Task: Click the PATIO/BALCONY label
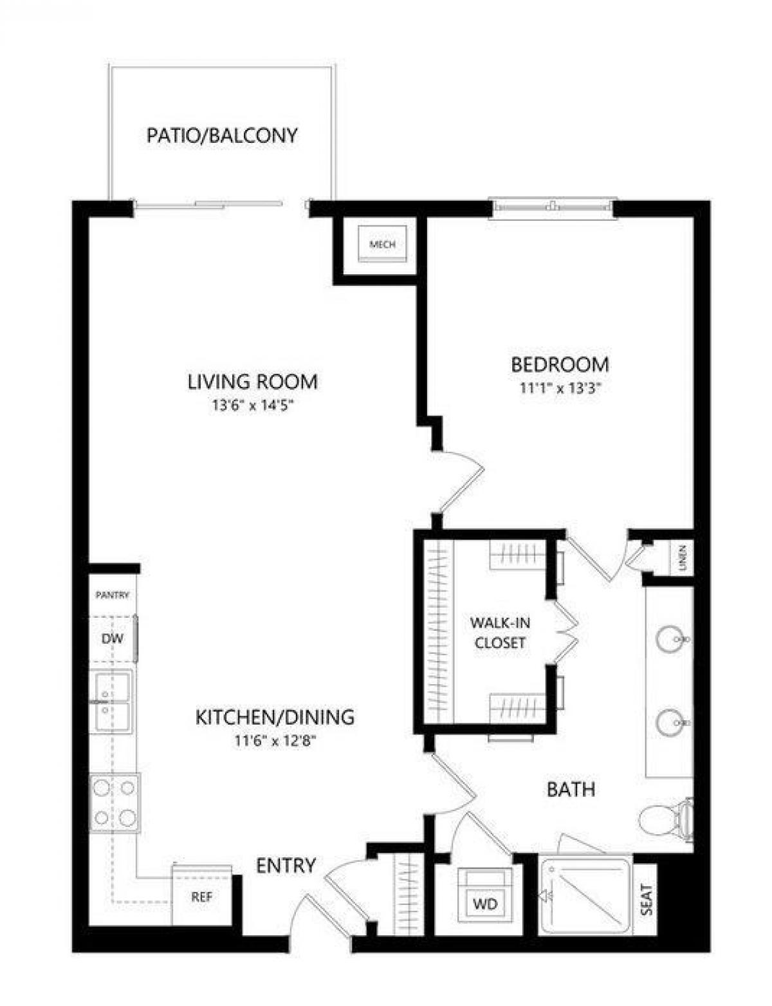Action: click(x=222, y=136)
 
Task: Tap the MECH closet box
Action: click(x=382, y=245)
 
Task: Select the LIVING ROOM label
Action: click(x=252, y=381)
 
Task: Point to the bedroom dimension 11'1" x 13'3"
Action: click(x=559, y=388)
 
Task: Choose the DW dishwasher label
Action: click(x=112, y=639)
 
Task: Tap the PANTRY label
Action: click(x=113, y=595)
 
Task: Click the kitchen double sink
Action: click(x=113, y=702)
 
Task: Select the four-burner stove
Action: click(x=115, y=802)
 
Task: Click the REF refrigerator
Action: click(x=201, y=897)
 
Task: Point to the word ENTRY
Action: click(x=286, y=866)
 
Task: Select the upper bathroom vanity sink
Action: click(x=670, y=639)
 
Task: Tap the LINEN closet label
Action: click(x=683, y=559)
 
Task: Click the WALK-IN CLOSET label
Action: click(x=499, y=632)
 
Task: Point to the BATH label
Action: click(x=571, y=788)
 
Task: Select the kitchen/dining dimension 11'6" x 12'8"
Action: click(x=275, y=741)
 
